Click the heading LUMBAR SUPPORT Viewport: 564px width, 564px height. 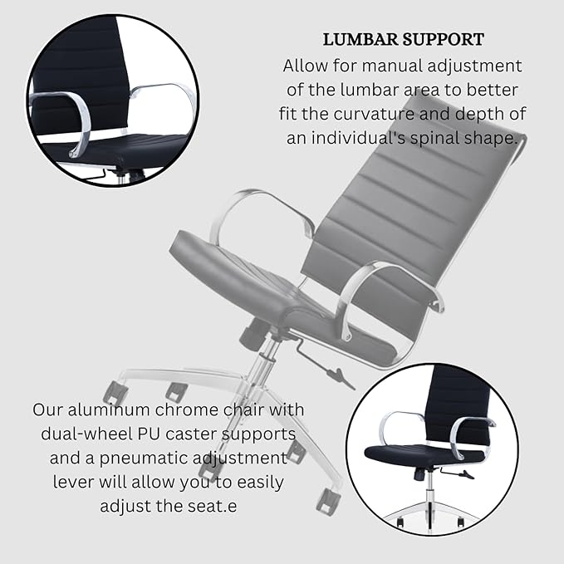click(x=402, y=40)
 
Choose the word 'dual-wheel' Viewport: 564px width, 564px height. click(x=86, y=434)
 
